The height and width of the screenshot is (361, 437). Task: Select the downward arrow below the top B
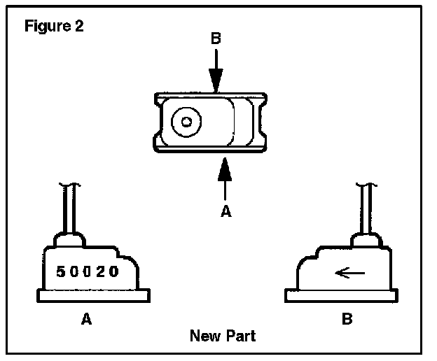coord(216,71)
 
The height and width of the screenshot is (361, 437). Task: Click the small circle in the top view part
coord(186,121)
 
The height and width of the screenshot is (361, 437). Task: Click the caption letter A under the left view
coord(87,319)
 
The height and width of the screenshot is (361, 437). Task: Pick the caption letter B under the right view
coord(347,319)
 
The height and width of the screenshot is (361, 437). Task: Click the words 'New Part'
coord(223,337)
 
